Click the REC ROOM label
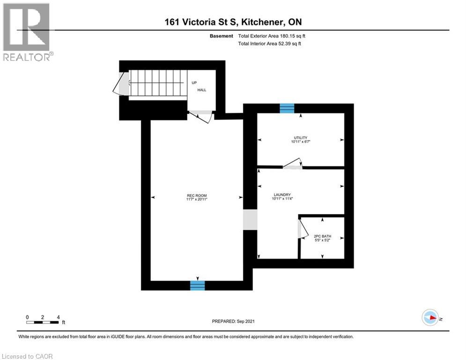pos(197,195)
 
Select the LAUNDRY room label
pos(283,195)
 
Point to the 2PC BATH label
pos(322,237)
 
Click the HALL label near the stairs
pos(201,90)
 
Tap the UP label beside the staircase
pos(194,82)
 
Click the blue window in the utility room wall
pos(287,108)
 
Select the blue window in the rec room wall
pos(197,285)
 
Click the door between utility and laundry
pos(293,164)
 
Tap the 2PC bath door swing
pos(302,230)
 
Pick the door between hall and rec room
pos(201,115)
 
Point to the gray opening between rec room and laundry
pos(250,220)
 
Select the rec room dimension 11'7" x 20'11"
pos(197,199)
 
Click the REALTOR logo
pos(27,32)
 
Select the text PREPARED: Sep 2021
pos(233,321)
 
